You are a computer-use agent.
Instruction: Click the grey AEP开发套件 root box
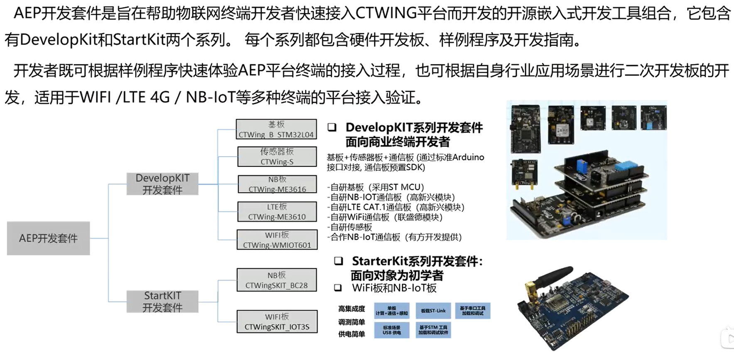pos(48,238)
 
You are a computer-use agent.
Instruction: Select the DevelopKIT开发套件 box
pos(162,184)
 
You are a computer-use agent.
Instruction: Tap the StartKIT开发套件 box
pos(162,301)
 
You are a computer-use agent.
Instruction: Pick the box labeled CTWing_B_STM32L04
pos(276,129)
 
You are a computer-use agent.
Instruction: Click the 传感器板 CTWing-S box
pos(277,157)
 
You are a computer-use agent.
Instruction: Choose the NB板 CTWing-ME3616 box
pos(277,184)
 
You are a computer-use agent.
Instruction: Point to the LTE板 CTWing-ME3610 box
pos(277,212)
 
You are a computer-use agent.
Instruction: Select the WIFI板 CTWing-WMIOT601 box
pos(277,240)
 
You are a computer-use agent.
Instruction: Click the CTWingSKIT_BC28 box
pos(277,280)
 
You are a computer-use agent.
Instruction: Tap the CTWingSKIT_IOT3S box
pos(277,322)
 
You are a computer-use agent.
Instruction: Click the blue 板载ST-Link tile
pos(433,311)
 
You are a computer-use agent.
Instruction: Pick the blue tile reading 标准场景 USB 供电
pos(392,330)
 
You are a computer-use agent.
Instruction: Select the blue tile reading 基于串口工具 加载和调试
pos(473,311)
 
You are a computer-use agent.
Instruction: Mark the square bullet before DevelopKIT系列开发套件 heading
pos(332,127)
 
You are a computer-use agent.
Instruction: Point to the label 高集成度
pos(351,309)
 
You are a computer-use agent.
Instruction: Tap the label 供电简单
pos(351,334)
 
